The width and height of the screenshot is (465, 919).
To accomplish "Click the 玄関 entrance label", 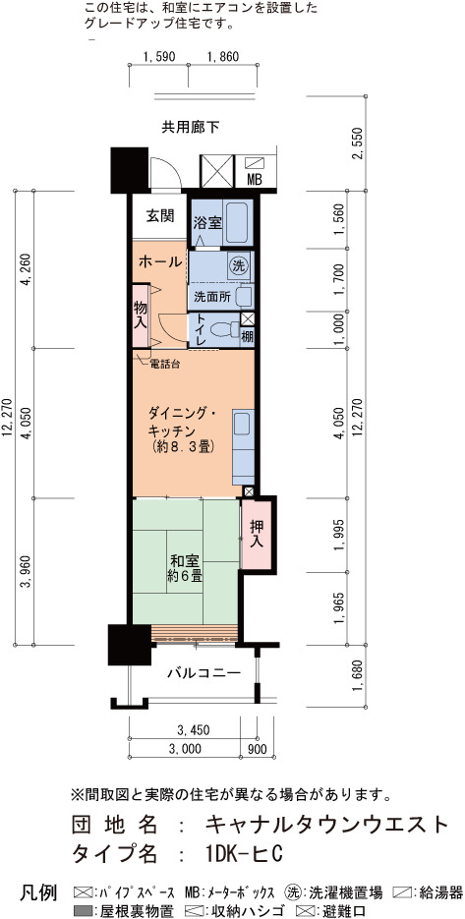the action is [x=159, y=216].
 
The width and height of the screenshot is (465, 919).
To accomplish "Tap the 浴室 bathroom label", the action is [x=207, y=223].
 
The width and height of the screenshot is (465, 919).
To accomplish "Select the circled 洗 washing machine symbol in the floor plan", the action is [x=238, y=265].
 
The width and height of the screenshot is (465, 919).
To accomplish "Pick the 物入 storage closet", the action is [x=141, y=316].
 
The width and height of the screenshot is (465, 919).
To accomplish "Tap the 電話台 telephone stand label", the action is [x=165, y=364].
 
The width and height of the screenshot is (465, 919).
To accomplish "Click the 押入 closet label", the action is [x=257, y=534].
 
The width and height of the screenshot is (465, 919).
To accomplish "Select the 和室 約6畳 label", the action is [x=184, y=567].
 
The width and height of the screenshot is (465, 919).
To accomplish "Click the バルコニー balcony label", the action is [x=203, y=672].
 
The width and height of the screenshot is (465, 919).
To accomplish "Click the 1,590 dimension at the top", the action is [x=158, y=57].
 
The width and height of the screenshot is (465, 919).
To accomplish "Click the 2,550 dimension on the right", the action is [x=360, y=143].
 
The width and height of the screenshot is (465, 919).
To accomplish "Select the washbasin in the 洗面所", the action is [x=245, y=296].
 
